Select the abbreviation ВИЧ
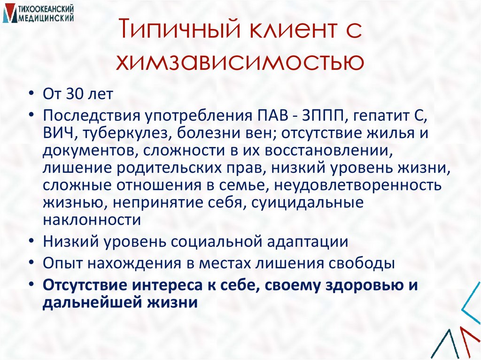click(60, 133)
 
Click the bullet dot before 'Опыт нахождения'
click(30, 263)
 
